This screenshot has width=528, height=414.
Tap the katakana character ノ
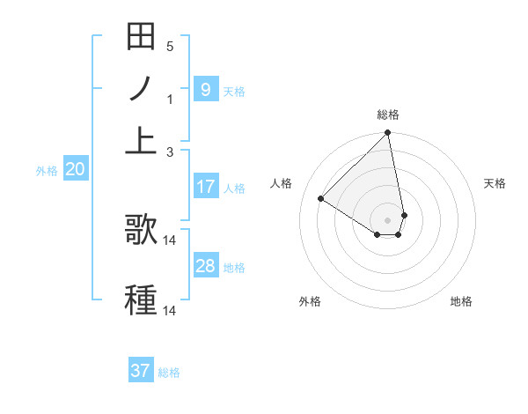coord(141,89)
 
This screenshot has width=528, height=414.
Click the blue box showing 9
coord(205,89)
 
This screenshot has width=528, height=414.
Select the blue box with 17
coord(205,187)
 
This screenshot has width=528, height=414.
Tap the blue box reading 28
coord(205,266)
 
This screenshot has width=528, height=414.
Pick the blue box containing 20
coord(75,170)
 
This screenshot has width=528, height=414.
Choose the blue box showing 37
coord(140,371)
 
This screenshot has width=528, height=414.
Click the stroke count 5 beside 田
coord(169,46)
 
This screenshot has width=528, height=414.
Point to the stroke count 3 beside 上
coord(169,152)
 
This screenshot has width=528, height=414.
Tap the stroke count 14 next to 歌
coord(170,240)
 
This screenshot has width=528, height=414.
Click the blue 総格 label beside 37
coord(169,373)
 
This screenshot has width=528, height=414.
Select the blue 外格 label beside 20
coord(46,172)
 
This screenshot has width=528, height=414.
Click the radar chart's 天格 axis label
coord(495,183)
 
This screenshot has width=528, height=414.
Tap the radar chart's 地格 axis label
coord(461,301)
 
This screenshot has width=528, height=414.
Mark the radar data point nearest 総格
coord(387,134)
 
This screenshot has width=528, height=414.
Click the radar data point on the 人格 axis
coord(321,199)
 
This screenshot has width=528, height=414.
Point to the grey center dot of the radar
coord(387,219)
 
